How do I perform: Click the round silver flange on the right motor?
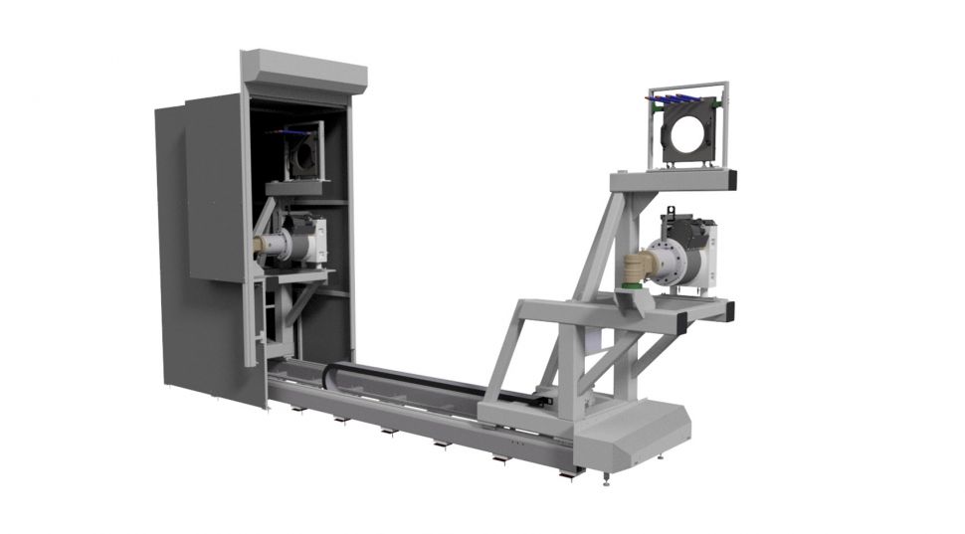pyautogui.click(x=665, y=260)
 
